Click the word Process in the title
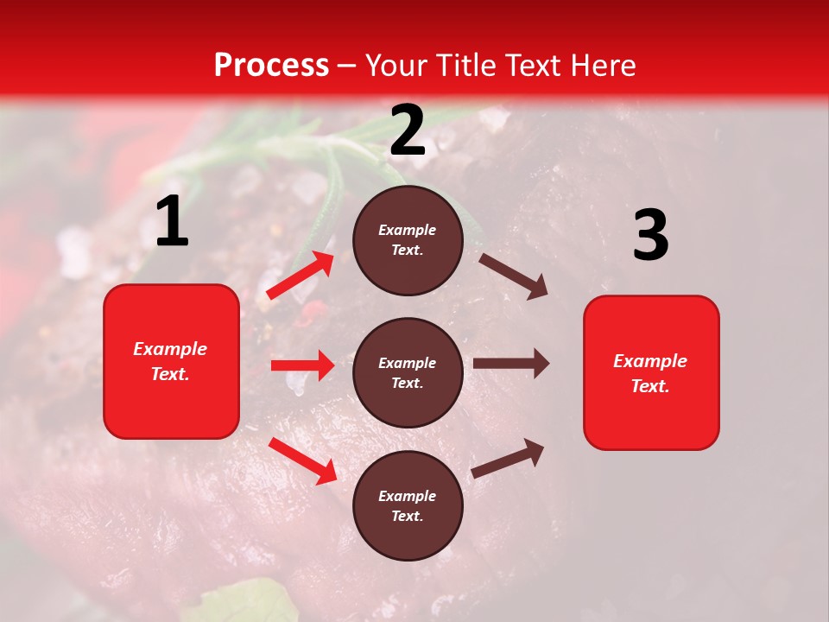point(271,66)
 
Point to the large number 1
point(172,223)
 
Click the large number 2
point(408,131)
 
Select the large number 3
point(650,235)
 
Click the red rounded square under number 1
point(171,361)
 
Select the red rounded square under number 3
point(651,372)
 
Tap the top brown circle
point(408,240)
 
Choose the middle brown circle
point(408,372)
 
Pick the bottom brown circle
point(408,505)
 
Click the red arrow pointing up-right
point(301,276)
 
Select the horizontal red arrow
point(302,365)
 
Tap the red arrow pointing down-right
point(302,460)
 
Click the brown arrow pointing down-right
point(513,276)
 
